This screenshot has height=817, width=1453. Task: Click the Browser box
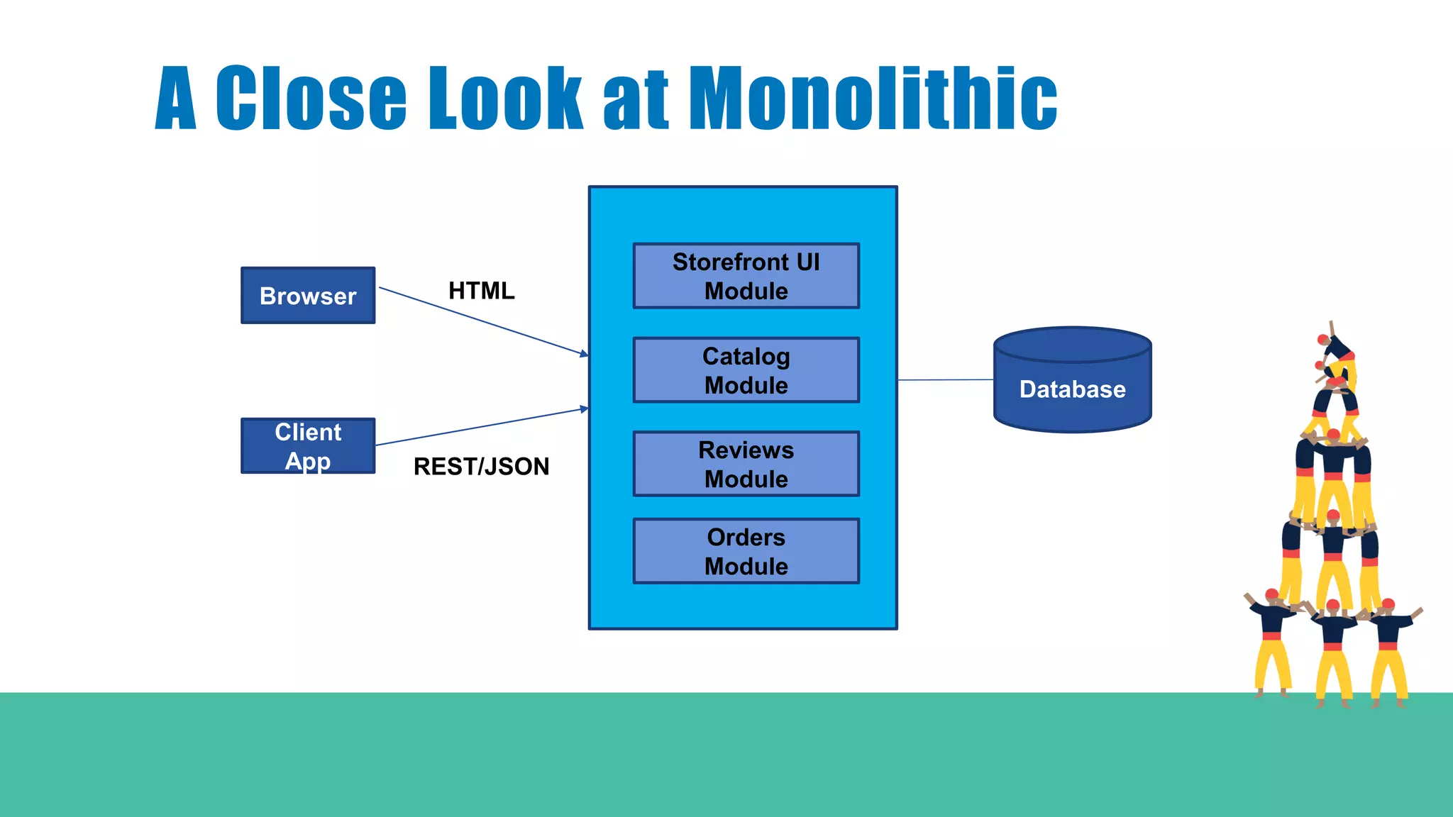click(x=308, y=296)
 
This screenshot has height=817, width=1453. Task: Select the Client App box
click(x=308, y=446)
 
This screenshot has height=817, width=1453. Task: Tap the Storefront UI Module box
click(x=746, y=276)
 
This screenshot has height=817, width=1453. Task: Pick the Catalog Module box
click(x=746, y=370)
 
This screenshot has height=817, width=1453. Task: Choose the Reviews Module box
click(x=746, y=464)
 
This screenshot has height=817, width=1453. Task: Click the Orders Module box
click(x=746, y=551)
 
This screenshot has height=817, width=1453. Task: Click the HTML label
click(x=481, y=291)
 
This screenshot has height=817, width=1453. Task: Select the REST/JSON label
click(x=481, y=467)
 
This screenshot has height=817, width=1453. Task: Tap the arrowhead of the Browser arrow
click(x=584, y=353)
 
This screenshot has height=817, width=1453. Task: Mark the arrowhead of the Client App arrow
click(x=584, y=408)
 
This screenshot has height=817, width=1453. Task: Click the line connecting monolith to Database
click(x=945, y=380)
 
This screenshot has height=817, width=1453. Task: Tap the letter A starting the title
click(x=175, y=99)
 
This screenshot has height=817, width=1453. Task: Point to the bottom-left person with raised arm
click(x=1271, y=638)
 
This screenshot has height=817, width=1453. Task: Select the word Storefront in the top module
click(x=731, y=262)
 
